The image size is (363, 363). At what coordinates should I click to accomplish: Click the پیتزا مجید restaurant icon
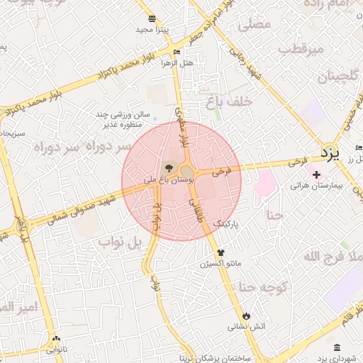[152, 18]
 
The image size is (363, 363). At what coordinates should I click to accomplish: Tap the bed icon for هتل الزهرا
[177, 52]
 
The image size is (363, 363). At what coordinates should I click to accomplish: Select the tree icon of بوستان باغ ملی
[168, 168]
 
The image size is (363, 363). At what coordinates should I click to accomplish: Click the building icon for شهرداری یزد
[335, 347]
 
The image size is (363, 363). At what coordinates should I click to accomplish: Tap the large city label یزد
[330, 152]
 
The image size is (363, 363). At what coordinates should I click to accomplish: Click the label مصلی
[255, 25]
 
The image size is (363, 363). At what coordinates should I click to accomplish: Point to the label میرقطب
[301, 50]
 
